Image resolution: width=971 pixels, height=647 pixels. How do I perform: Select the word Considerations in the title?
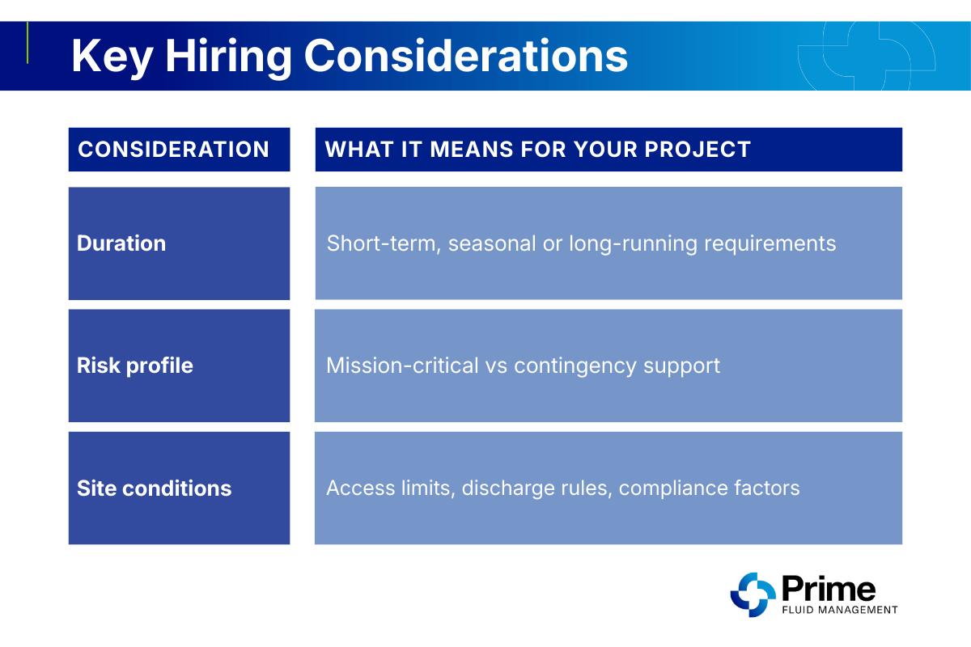coord(466,57)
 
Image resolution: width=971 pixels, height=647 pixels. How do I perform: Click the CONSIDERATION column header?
coord(173,150)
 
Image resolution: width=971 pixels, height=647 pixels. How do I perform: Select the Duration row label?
coord(121,243)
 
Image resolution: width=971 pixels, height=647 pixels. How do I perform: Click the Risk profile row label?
coord(135,366)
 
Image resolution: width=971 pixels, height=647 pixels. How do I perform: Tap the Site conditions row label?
coord(154,488)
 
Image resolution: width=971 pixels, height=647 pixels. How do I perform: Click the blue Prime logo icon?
coord(753,594)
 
